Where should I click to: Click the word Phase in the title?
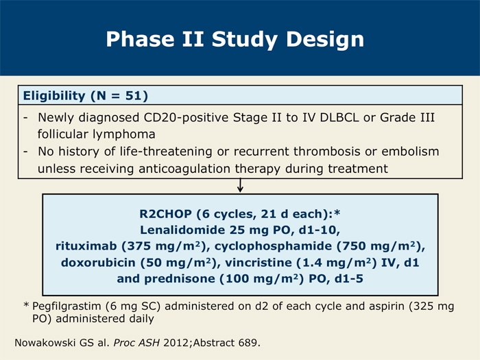pyautogui.click(x=140, y=39)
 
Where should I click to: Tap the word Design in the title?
pyautogui.click(x=325, y=40)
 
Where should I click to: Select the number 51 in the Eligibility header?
pyautogui.click(x=134, y=95)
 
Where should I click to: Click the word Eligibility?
pyautogui.click(x=54, y=96)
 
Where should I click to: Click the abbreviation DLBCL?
pyautogui.click(x=339, y=117)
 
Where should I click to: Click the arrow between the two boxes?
pyautogui.click(x=240, y=186)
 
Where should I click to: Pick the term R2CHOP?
pyautogui.click(x=166, y=214)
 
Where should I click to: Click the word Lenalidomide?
pyautogui.click(x=182, y=230)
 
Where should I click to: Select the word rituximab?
pyautogui.click(x=86, y=246)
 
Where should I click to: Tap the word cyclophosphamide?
pyautogui.click(x=273, y=246)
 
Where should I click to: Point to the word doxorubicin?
pyautogui.click(x=98, y=263)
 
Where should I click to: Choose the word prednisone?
pyautogui.click(x=180, y=279)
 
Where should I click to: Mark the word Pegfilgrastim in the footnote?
pyautogui.click(x=67, y=306)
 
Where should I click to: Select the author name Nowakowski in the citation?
pyautogui.click(x=45, y=343)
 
